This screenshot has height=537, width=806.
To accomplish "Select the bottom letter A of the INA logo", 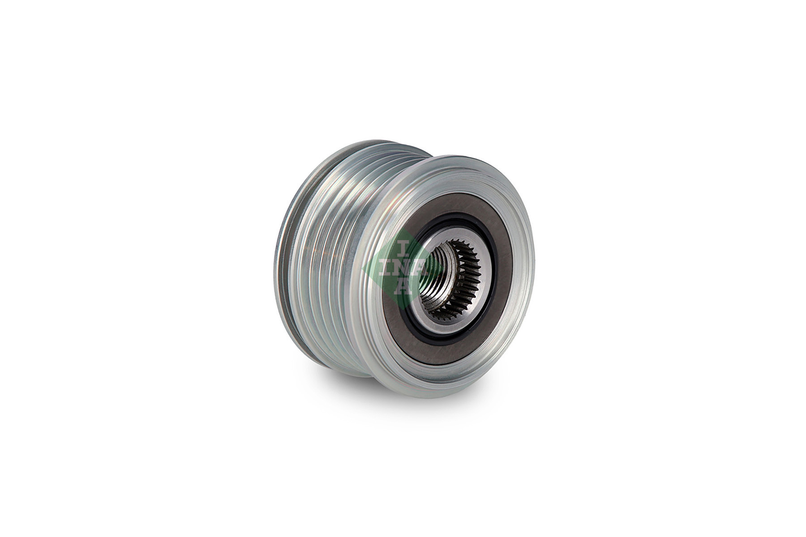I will [404, 287].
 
